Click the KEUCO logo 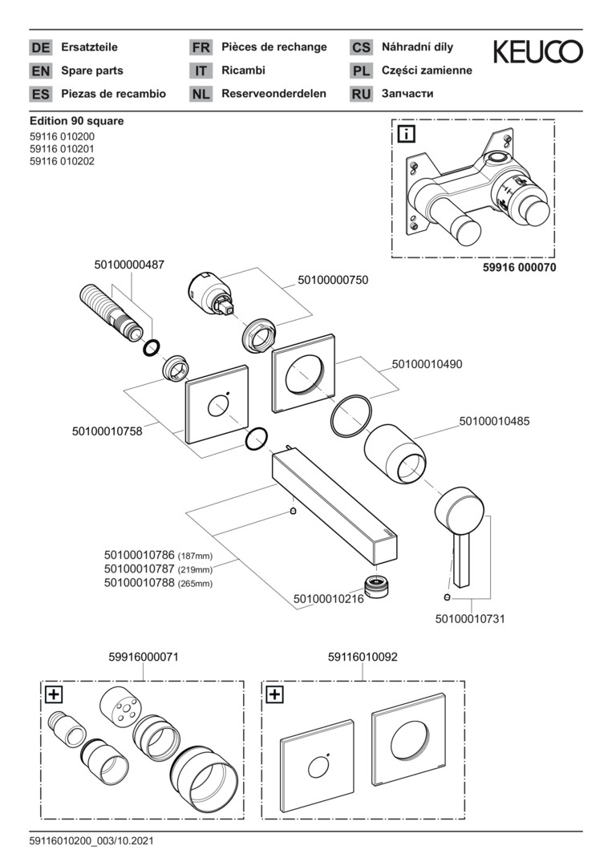pos(537,53)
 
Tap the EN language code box pos(40,71)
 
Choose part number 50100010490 pos(427,364)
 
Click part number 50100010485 pos(494,420)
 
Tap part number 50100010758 pos(107,431)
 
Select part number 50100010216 pos(329,598)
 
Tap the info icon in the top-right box pos(407,133)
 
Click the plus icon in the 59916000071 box pos(54,694)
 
